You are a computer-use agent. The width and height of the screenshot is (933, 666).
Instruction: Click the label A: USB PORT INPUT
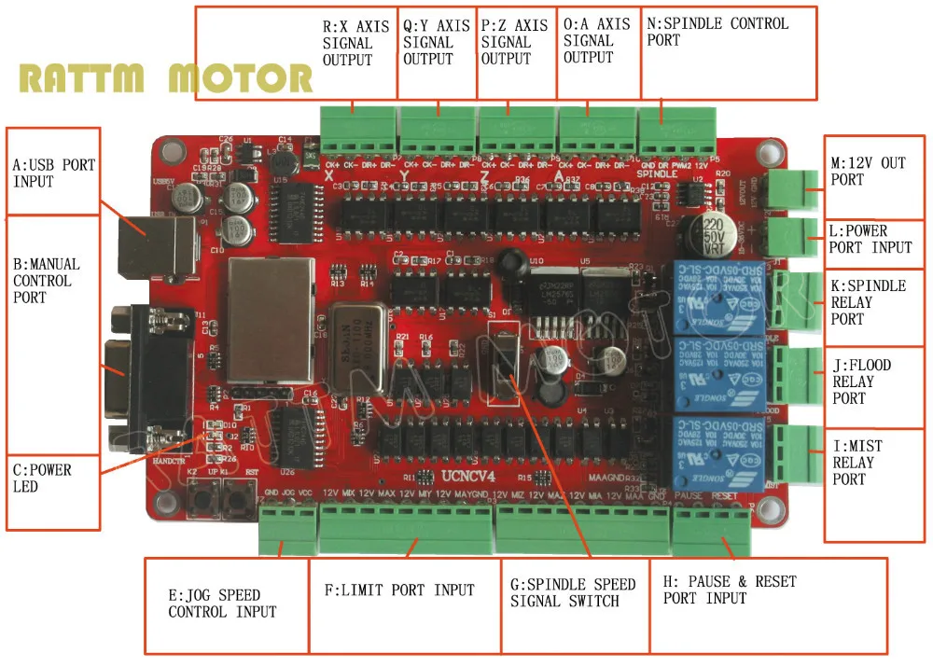tap(54, 173)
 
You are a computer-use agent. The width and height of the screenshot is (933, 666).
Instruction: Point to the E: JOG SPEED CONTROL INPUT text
tap(222, 604)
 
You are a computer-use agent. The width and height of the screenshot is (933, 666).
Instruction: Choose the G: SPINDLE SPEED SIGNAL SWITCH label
tap(573, 592)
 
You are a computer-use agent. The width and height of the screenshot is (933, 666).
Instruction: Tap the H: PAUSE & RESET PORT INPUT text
tap(730, 590)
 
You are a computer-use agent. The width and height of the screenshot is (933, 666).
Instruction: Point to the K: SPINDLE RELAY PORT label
tap(868, 301)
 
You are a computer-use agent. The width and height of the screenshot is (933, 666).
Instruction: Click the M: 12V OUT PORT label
tap(868, 171)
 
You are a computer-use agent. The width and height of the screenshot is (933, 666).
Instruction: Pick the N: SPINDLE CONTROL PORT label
tap(717, 32)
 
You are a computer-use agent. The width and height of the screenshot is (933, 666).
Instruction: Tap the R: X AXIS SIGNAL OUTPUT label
tap(347, 43)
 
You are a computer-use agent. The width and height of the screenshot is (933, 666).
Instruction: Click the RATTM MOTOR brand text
tap(166, 78)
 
